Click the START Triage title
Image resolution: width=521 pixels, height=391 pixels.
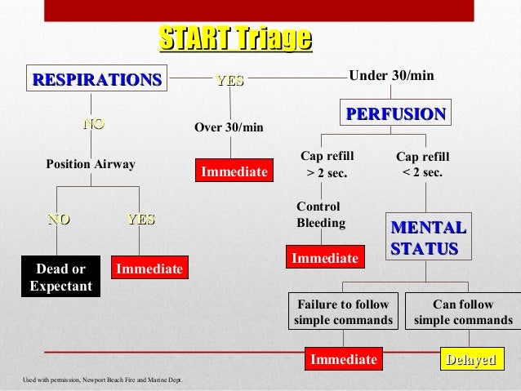235,38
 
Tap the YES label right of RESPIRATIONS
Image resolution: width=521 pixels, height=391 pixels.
229,80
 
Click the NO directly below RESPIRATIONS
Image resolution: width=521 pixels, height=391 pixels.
94,124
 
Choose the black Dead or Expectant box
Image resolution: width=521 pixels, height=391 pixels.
61,278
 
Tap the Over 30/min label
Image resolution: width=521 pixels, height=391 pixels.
229,127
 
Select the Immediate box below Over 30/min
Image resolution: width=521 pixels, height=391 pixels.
234,172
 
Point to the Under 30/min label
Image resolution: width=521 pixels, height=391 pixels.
391,76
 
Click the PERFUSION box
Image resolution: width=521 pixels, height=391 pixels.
396,113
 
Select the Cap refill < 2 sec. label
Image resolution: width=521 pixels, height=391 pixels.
422,164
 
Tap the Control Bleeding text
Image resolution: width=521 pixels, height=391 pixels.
321,215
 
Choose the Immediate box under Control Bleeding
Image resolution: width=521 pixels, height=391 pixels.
325,258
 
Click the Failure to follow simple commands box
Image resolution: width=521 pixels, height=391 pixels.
343,312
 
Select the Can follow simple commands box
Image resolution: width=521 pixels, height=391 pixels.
463,312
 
